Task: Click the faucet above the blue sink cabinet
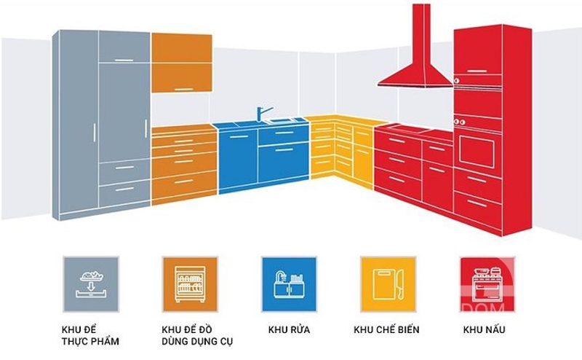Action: [262, 114]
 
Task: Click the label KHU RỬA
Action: [289, 329]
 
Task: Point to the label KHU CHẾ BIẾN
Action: [386, 329]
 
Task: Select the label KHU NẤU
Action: [484, 329]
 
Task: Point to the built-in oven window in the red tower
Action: [477, 149]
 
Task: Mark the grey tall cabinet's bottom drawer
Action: [124, 192]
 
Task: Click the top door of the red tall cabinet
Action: [477, 55]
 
